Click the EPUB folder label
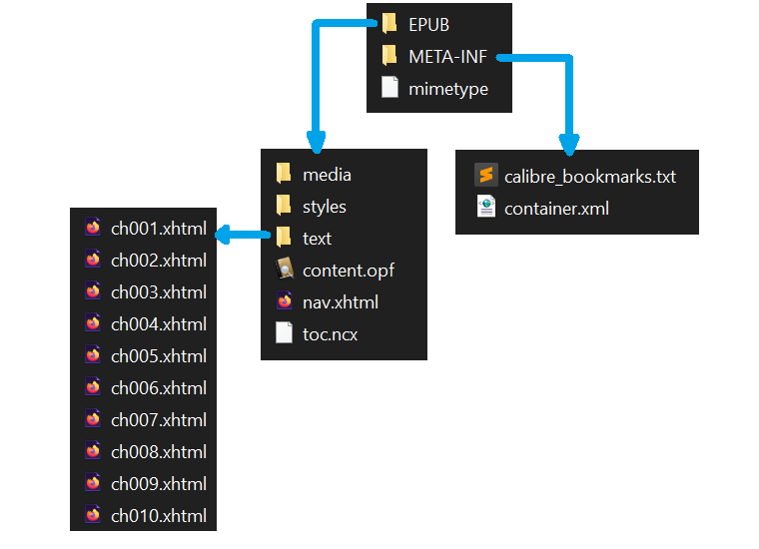point(428,25)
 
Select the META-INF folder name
point(448,57)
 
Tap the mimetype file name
point(448,89)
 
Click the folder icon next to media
point(284,175)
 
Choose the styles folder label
point(325,207)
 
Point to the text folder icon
point(284,238)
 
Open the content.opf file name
point(349,271)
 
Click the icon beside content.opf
point(284,270)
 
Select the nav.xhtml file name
point(341,302)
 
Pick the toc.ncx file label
point(330,334)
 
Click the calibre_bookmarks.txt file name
point(590,177)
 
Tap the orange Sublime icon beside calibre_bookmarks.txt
point(486,176)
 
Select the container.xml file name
point(556,209)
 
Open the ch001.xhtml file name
point(159,229)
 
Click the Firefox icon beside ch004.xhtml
point(93,323)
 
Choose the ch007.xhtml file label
point(159,420)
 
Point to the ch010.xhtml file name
point(159,516)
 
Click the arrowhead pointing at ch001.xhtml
point(226,237)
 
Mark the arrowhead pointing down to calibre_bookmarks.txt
point(568,145)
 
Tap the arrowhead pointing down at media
point(315,141)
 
